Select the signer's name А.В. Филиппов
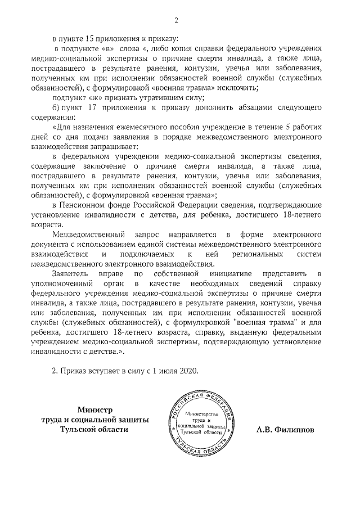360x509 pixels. (285, 429)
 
